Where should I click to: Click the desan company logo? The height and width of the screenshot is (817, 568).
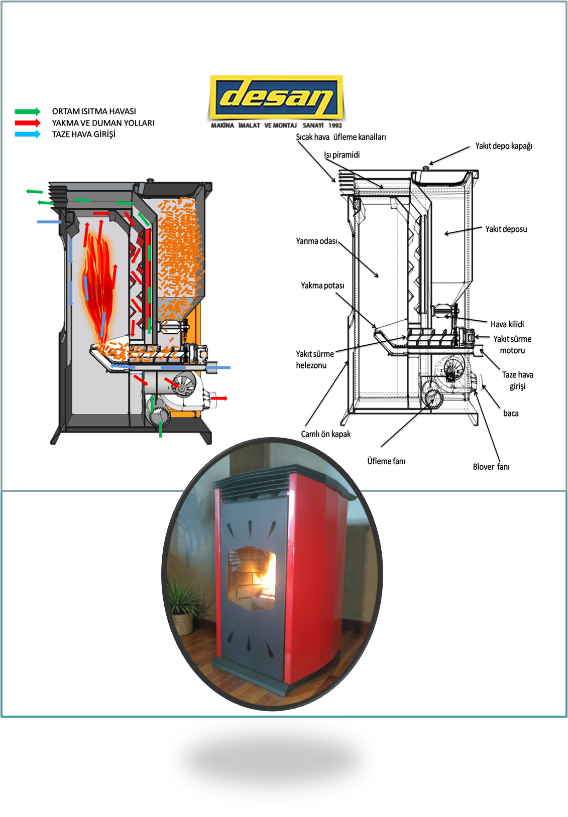click(276, 96)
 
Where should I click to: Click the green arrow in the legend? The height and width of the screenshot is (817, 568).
click(28, 111)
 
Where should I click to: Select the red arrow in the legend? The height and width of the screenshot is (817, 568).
click(28, 123)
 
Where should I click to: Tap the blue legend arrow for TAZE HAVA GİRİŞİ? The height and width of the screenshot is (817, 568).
click(28, 134)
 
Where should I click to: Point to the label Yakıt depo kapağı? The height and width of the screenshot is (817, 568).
click(503, 146)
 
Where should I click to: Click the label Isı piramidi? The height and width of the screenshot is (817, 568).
click(342, 155)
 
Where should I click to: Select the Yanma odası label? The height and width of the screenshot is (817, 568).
click(316, 241)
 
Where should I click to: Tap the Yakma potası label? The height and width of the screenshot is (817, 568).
click(322, 286)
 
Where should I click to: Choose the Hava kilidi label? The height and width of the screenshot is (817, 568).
click(507, 324)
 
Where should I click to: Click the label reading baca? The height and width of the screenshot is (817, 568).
click(511, 414)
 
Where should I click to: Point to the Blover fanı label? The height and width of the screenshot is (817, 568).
click(491, 467)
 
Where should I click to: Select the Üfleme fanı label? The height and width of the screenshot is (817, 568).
click(386, 461)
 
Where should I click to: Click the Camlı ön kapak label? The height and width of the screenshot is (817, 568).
click(325, 434)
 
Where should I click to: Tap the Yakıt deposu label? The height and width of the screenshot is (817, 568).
click(506, 229)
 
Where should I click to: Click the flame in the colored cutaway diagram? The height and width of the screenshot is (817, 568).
click(100, 286)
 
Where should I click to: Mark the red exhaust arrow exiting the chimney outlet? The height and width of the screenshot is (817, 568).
click(219, 398)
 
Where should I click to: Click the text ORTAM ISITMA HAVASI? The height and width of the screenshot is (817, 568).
click(94, 111)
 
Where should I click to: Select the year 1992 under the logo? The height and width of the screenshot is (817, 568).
click(335, 125)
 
